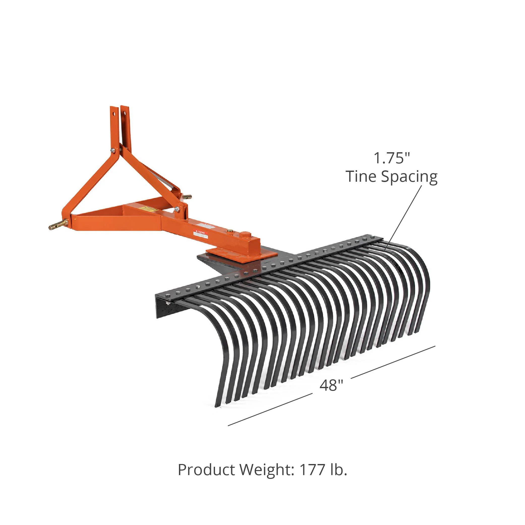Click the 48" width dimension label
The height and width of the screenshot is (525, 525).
tap(331, 385)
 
